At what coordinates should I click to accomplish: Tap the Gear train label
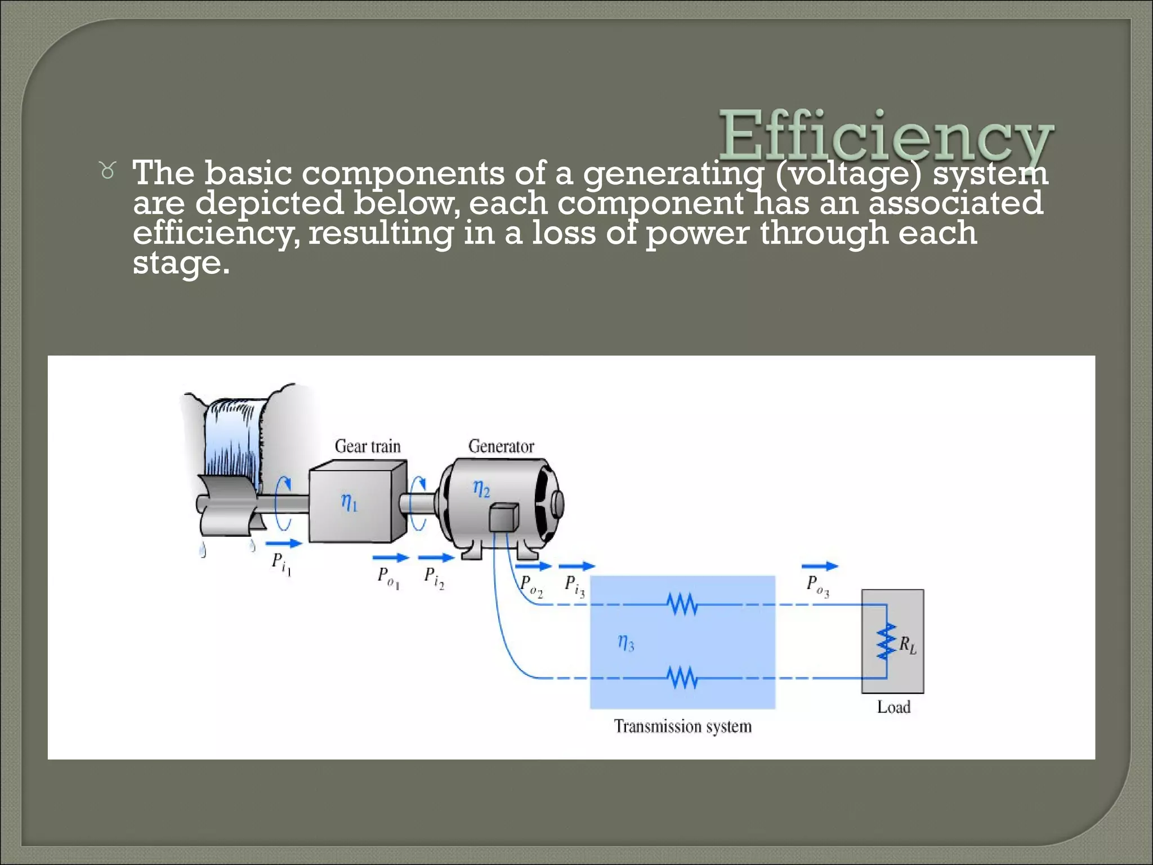[x=368, y=447]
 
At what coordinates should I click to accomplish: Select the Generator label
[x=501, y=447]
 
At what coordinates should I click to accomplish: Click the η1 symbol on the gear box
[x=349, y=502]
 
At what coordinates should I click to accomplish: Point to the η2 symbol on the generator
[x=481, y=488]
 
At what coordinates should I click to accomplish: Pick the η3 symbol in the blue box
[x=626, y=642]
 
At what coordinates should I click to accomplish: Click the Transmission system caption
[x=682, y=726]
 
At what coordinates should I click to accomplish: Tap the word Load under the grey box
[x=893, y=707]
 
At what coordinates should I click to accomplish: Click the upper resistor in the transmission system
[x=682, y=605]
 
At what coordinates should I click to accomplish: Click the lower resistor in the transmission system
[x=682, y=677]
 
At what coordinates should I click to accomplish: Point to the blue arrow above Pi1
[x=283, y=543]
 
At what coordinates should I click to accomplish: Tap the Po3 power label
[x=817, y=586]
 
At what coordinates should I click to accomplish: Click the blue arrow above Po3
[x=819, y=566]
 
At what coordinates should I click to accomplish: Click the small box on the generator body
[x=503, y=518]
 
